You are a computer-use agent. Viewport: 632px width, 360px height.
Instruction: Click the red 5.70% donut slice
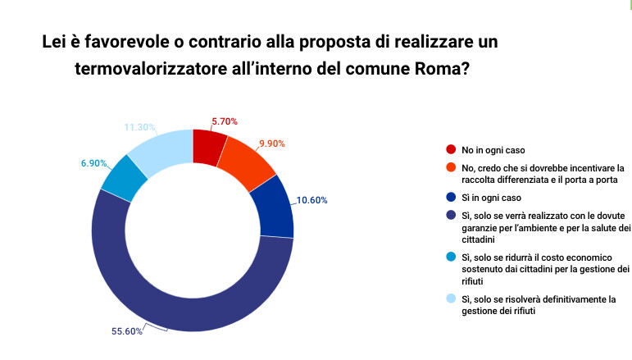208,145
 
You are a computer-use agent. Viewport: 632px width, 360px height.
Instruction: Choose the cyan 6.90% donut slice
125,177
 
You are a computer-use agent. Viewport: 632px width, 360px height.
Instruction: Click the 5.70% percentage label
225,121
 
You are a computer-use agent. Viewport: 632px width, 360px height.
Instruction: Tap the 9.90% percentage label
271,144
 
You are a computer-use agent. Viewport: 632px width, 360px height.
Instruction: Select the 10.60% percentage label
313,198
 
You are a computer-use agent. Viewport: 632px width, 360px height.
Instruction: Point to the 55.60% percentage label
127,331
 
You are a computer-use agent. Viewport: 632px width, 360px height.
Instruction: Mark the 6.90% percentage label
94,163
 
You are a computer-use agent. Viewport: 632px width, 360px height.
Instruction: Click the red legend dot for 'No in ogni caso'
451,150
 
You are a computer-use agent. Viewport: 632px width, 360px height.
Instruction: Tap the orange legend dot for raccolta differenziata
451,166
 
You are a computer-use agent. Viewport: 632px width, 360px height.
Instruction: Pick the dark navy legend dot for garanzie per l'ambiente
451,215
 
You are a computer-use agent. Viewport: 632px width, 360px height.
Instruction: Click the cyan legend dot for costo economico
451,257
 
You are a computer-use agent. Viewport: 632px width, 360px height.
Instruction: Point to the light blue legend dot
451,299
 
